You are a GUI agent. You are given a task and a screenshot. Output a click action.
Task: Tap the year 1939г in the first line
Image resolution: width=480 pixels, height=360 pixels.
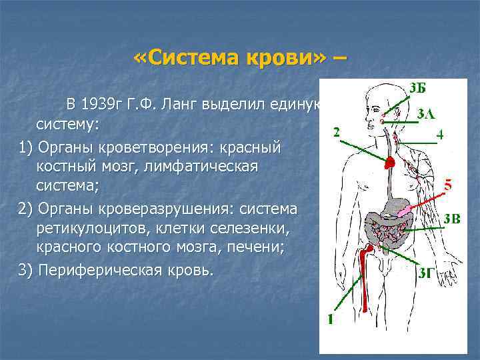coord(107,105)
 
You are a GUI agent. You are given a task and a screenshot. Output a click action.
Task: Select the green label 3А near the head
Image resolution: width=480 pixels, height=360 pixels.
coord(426,113)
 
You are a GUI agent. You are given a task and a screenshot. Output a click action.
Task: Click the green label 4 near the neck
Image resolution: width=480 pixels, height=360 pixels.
coord(440,134)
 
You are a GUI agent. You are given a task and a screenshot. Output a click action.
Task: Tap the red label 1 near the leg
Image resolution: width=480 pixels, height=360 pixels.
coord(331,319)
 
